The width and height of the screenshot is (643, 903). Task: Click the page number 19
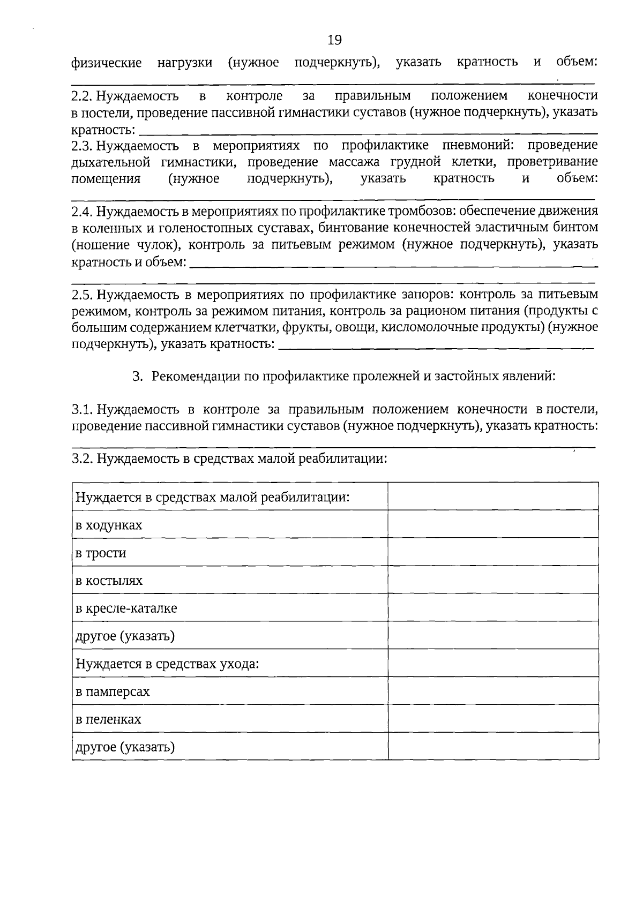(x=334, y=40)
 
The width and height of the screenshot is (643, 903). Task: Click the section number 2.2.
(x=83, y=96)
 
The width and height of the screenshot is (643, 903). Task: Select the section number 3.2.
(x=83, y=459)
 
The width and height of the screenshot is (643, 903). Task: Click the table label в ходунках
(x=109, y=525)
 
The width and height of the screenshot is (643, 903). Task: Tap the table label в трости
(x=101, y=553)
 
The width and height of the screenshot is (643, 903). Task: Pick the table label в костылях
(x=109, y=581)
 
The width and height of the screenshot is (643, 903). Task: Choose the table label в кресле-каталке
(x=126, y=608)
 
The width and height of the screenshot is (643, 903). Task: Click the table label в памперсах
(x=113, y=691)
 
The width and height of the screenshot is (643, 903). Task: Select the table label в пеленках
(x=109, y=719)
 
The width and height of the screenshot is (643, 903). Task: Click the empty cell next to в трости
(x=493, y=552)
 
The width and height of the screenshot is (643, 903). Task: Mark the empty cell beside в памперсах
(x=493, y=691)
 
